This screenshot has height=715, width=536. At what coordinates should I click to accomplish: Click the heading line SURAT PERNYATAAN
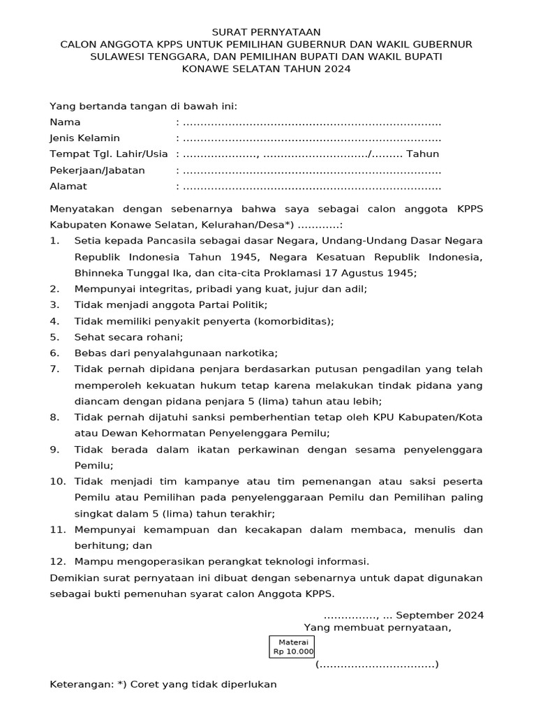click(x=267, y=32)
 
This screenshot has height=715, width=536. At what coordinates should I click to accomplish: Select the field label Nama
click(x=65, y=122)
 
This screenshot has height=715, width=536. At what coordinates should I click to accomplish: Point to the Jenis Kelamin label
click(x=84, y=138)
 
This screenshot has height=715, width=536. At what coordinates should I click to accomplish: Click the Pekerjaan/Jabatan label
click(x=97, y=170)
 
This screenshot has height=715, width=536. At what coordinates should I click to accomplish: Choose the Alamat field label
click(x=68, y=186)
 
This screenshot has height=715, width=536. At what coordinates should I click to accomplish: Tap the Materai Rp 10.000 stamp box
click(x=293, y=647)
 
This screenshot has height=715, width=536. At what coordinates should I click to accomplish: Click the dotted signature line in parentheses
click(x=377, y=664)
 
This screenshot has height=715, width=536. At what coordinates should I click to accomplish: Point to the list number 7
click(x=54, y=369)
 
